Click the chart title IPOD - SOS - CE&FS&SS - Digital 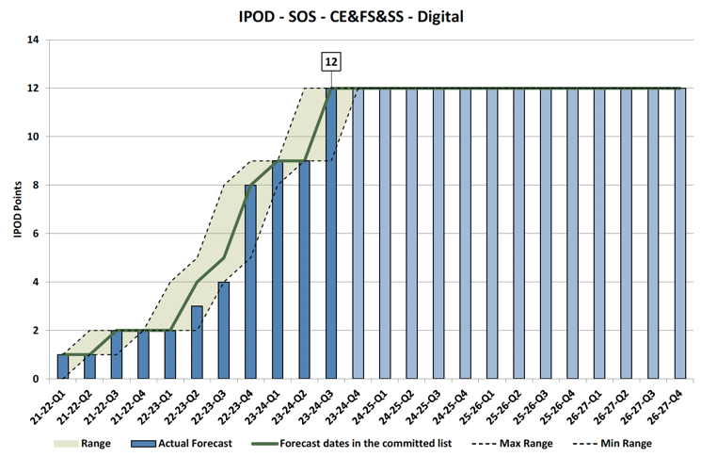tap(350, 16)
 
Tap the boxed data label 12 tap(330, 62)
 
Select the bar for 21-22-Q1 tap(62, 367)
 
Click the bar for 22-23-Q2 tap(197, 342)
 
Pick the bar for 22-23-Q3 tap(224, 330)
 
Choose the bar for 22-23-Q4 tap(250, 283)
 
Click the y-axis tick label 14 tap(33, 40)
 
